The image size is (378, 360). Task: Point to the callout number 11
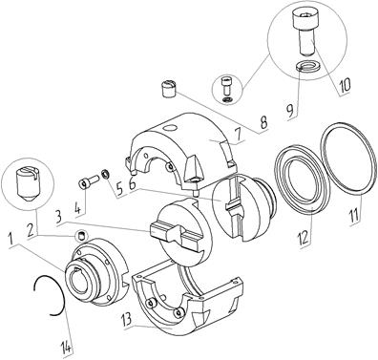(x=354, y=215)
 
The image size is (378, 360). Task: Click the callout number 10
(x=345, y=84)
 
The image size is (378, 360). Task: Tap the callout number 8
(x=264, y=121)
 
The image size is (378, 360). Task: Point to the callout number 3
(x=58, y=217)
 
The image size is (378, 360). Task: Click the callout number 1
(x=11, y=238)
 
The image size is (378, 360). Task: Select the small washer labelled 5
(x=105, y=174)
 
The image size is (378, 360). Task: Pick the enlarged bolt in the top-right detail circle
(x=303, y=31)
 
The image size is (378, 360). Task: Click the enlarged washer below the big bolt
(x=306, y=67)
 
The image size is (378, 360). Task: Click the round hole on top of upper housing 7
(x=168, y=128)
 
